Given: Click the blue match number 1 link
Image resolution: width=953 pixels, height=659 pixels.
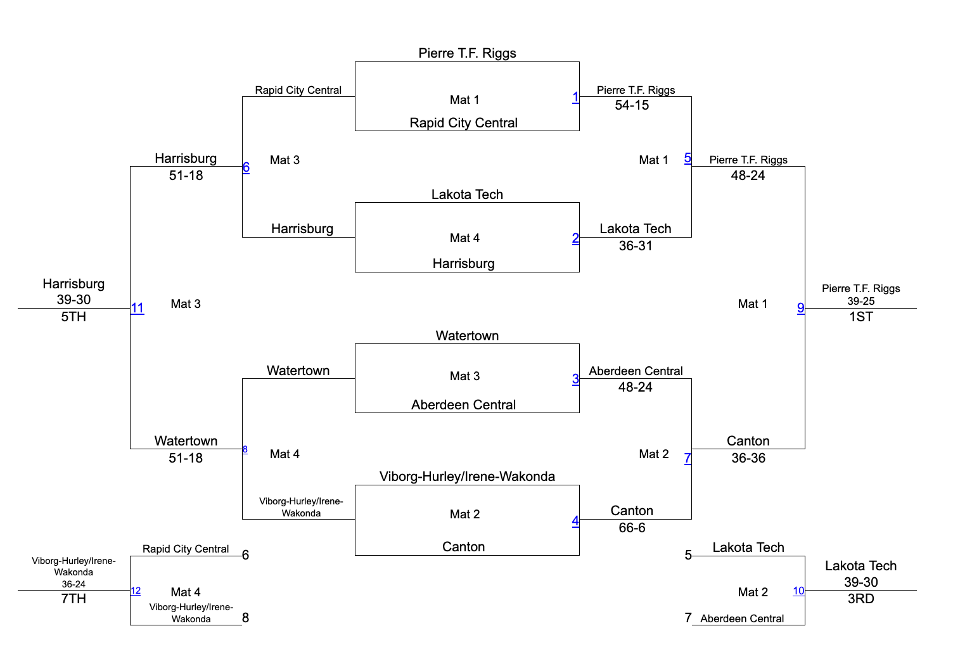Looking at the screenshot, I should coord(575,98).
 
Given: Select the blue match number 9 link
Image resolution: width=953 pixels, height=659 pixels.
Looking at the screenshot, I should coord(801,309).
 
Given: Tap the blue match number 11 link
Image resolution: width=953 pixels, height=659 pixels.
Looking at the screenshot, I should coord(138,309).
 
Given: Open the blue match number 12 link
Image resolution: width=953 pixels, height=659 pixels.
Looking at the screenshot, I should coord(136,591).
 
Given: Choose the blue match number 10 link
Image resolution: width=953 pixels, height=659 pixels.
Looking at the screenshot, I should coord(798,591).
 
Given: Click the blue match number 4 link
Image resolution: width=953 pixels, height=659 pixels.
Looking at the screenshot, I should coord(575,521).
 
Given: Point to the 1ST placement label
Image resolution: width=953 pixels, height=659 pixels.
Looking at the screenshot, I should coord(861,317).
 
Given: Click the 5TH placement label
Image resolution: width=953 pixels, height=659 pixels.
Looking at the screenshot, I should coord(74,317).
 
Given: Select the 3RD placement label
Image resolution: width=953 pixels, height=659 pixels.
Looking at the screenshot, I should coord(861,599).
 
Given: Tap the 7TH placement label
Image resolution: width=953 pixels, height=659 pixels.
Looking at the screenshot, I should coord(74,599).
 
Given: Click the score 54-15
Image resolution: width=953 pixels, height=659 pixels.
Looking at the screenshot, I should coord(632,105).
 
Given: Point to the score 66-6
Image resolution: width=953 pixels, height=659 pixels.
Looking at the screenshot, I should coord(632,528).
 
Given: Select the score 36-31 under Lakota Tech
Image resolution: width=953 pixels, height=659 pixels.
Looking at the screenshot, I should coord(636,246).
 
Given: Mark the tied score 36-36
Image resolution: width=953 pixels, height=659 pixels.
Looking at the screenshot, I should coord(748,458).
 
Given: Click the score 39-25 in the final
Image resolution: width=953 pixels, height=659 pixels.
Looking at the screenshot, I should coord(861,301).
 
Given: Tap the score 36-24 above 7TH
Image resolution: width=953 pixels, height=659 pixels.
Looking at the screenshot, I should coord(74,584).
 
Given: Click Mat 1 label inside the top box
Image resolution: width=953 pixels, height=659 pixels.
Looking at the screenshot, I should coord(464,99).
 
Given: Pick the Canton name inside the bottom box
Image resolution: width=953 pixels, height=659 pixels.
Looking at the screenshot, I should coord(463,547).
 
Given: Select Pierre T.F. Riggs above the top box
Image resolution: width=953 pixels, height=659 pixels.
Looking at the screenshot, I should coord(467,53).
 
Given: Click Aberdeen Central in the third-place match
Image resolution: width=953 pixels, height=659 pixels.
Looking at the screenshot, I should coord(742,618).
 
